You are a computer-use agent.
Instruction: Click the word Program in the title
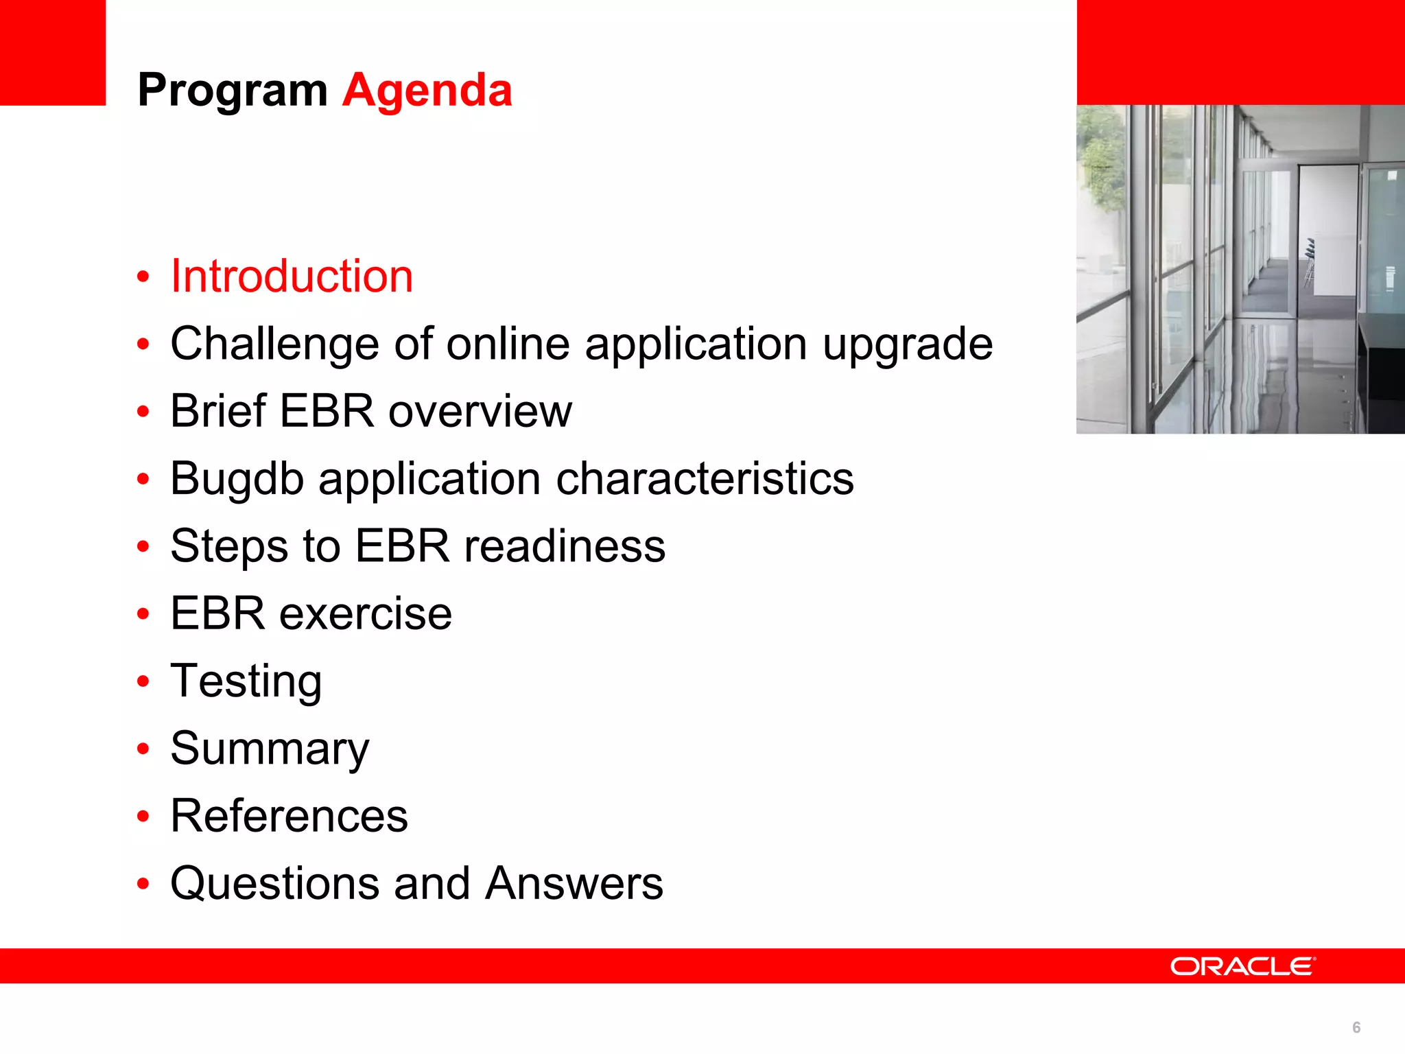coord(233,91)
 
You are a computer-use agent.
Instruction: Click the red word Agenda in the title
coord(427,90)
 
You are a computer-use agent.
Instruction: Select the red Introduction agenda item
coord(292,277)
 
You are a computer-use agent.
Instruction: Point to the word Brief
coord(218,411)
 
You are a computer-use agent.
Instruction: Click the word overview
coord(480,412)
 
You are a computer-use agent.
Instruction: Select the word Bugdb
coord(237,479)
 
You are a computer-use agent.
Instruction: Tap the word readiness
coord(564,546)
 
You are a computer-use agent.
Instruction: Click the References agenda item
coord(289,816)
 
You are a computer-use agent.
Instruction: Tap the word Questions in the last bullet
coord(274,884)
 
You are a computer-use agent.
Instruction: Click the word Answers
coord(574,883)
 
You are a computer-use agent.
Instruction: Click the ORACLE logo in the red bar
coord(1242,966)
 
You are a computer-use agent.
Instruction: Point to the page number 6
coord(1356,1027)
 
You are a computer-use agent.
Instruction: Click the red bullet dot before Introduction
coord(143,277)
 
